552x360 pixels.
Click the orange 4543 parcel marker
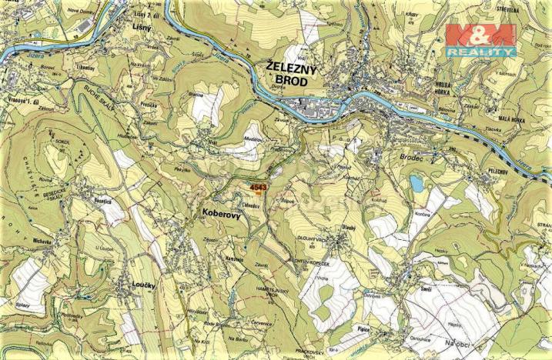pyautogui.click(x=258, y=188)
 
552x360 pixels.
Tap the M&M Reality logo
pyautogui.click(x=480, y=41)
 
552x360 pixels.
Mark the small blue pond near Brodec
pyautogui.click(x=417, y=183)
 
